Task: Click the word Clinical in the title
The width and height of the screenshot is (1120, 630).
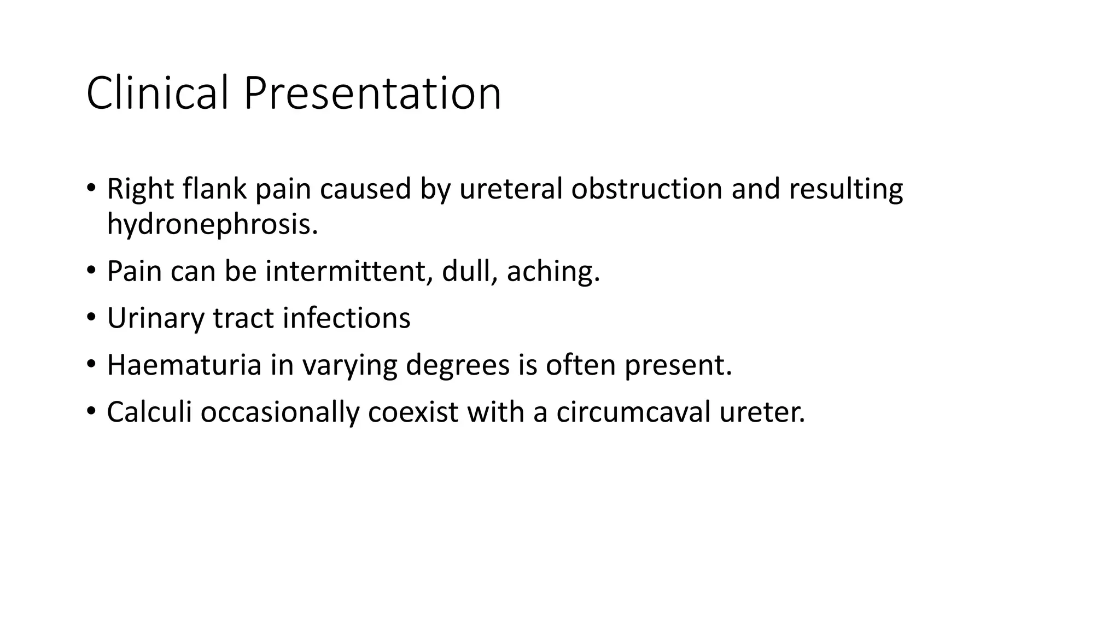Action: (157, 93)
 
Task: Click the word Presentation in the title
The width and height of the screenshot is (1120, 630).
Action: (372, 93)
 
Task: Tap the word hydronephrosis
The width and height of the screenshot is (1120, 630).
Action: (212, 224)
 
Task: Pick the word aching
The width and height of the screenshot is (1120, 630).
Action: (553, 272)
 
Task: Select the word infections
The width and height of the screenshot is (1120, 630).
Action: (346, 318)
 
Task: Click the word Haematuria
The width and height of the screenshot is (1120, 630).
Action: (184, 365)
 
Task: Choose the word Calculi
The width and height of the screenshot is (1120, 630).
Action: (149, 412)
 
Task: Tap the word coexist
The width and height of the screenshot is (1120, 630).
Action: (413, 412)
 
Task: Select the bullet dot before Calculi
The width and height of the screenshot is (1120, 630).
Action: (91, 412)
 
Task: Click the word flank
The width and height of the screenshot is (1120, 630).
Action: (215, 189)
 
